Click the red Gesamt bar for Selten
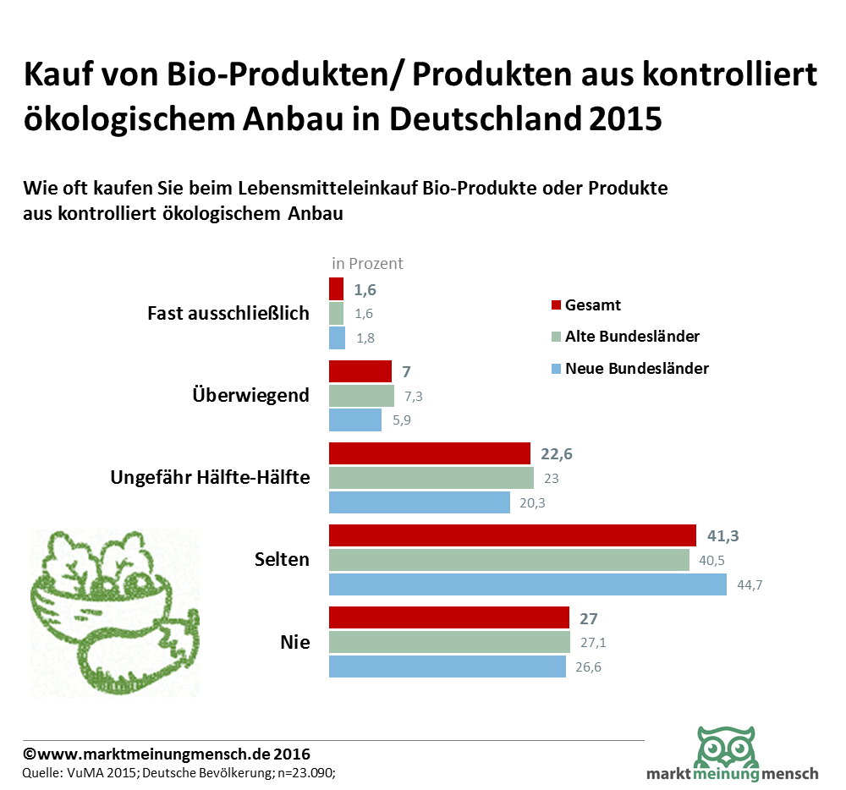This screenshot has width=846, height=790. pos(512,535)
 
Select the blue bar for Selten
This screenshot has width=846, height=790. pos(527,584)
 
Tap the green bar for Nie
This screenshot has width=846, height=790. pos(449,642)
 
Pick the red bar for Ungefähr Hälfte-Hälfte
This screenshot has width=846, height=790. pos(429,453)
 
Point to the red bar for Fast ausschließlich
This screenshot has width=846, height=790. pos(336,289)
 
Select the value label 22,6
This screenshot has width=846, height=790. pos(557,453)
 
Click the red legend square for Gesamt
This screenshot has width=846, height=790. pos(556,305)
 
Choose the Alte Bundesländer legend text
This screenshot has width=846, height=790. pos(632,337)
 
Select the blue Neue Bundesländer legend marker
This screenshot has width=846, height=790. pos(556,369)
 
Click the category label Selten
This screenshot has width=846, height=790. pos(282,559)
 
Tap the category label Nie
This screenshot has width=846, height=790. pos(294,643)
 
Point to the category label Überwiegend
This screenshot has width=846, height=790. pos(250,395)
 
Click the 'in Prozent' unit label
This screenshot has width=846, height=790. pos(367,263)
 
